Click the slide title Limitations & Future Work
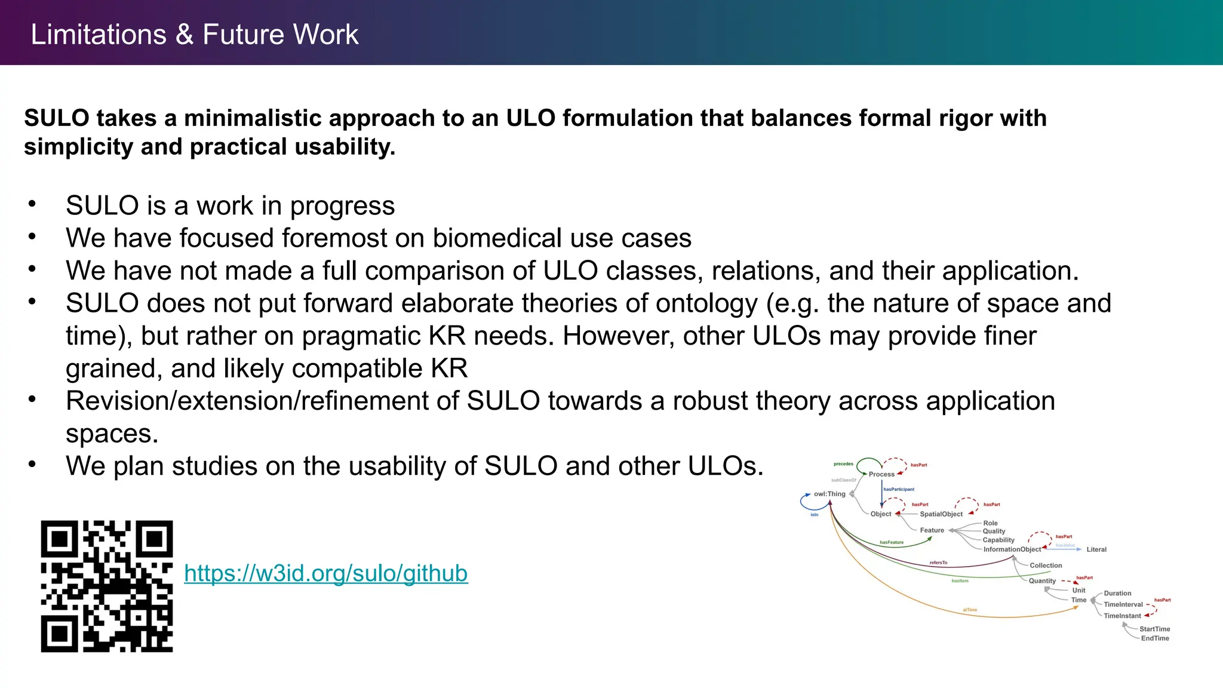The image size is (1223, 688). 194,34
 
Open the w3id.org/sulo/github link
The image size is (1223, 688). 325,573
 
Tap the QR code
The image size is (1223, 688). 107,586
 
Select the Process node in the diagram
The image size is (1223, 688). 881,474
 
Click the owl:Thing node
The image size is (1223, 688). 829,494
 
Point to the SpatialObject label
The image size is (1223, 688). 941,514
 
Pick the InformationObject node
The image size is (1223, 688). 1012,549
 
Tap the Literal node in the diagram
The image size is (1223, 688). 1096,549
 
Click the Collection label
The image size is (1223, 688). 1046,566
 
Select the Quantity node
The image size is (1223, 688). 1042,581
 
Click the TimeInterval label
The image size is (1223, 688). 1123,604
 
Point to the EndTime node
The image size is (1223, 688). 1155,638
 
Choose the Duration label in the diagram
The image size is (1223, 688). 1117,594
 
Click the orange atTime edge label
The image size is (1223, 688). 970,610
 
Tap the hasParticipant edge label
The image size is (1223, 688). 899,489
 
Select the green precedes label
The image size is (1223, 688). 843,464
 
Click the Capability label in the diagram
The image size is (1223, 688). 998,540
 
